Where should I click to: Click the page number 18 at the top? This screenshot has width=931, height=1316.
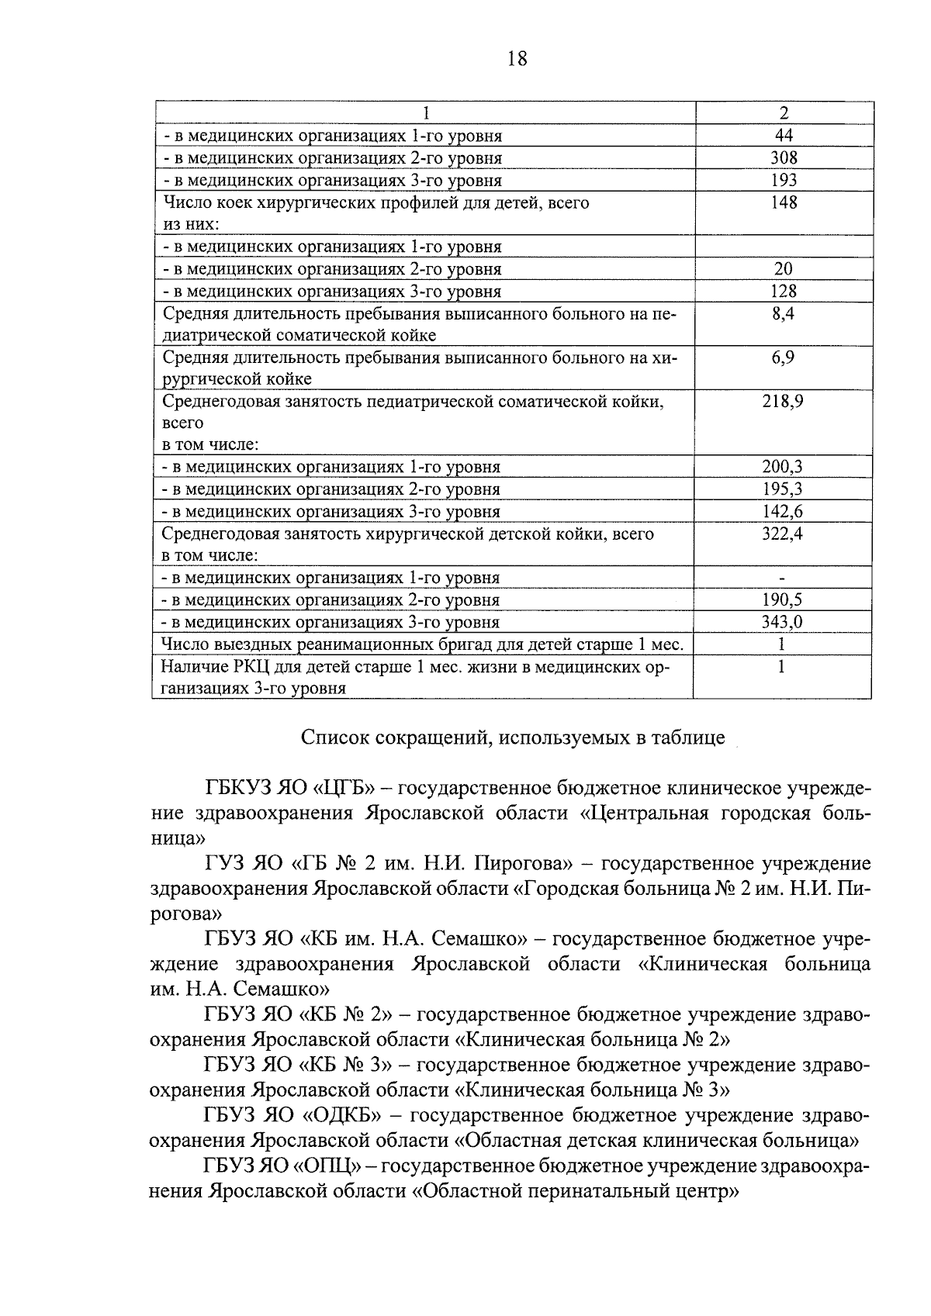(517, 58)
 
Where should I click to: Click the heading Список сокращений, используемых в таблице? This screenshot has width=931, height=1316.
(513, 737)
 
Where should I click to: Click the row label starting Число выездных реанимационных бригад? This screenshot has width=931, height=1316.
(422, 644)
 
